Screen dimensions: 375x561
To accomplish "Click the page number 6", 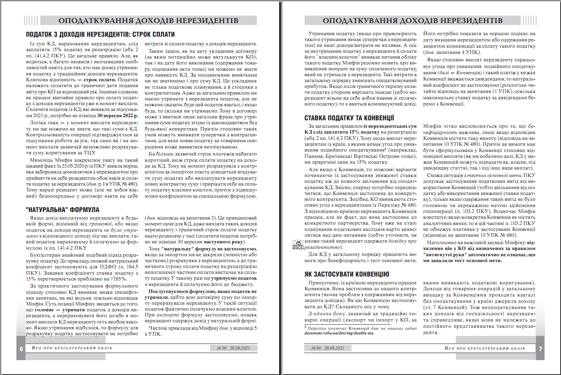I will click(21, 349).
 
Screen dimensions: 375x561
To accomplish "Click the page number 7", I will click(540, 349).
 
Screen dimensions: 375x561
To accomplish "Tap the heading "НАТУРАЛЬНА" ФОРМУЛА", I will click(63, 210).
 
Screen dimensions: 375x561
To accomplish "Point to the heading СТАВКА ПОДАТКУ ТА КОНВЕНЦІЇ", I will click(349, 118).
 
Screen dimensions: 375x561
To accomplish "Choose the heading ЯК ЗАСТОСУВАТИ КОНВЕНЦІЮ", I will click(347, 274).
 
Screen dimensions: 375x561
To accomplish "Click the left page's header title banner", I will click(148, 20).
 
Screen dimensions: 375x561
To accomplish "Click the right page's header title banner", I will click(412, 20).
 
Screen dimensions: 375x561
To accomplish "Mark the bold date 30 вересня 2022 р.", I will click(118, 116).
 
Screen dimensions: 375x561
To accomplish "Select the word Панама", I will click(313, 156).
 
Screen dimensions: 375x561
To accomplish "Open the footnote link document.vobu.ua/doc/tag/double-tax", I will click(339, 333).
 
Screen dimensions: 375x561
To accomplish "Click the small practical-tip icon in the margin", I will click(298, 245).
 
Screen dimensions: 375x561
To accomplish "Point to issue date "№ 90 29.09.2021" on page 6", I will click(233, 348).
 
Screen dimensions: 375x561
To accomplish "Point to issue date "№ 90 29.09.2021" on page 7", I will click(328, 348).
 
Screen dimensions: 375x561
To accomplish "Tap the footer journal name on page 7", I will click(485, 348).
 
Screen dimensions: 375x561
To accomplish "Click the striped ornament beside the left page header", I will click(31, 20).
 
